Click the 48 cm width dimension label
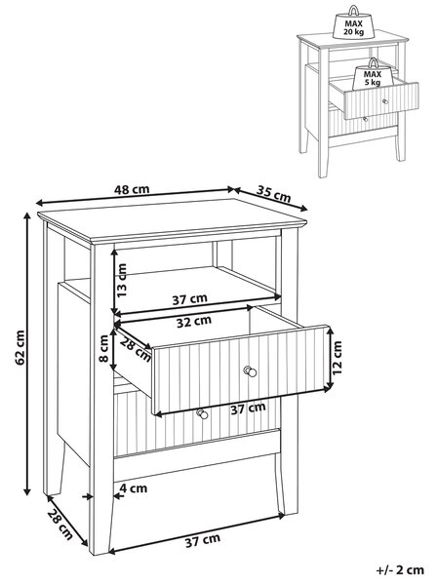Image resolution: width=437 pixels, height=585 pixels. (x=132, y=189)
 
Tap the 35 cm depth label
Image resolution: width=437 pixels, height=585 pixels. (x=273, y=194)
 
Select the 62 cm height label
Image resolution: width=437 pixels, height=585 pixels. (x=20, y=347)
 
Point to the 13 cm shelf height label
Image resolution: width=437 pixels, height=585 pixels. (x=122, y=280)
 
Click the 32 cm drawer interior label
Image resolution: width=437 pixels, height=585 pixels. (x=194, y=322)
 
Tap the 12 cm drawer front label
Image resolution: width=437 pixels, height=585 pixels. (x=337, y=358)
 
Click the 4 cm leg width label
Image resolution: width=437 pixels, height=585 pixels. (x=134, y=488)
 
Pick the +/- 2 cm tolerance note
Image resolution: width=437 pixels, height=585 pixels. (x=400, y=569)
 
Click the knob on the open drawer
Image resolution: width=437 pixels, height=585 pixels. (x=250, y=371)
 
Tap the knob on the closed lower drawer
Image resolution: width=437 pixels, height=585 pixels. (x=202, y=413)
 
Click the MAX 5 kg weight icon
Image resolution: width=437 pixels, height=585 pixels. (x=372, y=75)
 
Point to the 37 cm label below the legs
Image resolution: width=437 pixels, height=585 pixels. (x=203, y=540)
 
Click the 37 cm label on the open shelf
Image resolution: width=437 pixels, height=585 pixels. (x=189, y=299)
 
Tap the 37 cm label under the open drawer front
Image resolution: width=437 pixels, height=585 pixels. (x=248, y=409)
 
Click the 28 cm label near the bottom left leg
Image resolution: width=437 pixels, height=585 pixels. (x=60, y=525)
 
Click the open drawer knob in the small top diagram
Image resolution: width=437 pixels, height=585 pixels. (x=385, y=101)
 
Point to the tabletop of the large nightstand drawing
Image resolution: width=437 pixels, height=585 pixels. (x=172, y=220)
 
